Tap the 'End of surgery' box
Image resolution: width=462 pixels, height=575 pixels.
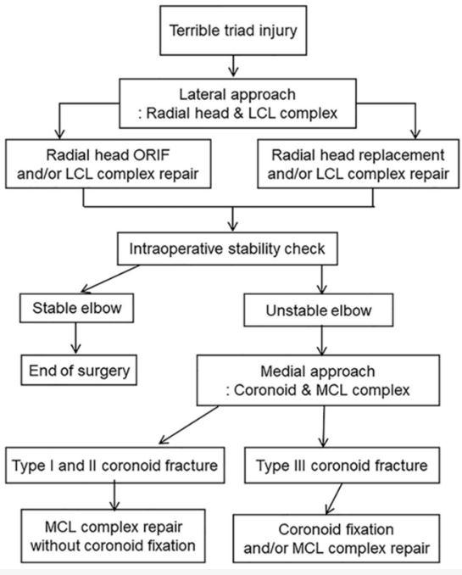click(78, 371)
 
